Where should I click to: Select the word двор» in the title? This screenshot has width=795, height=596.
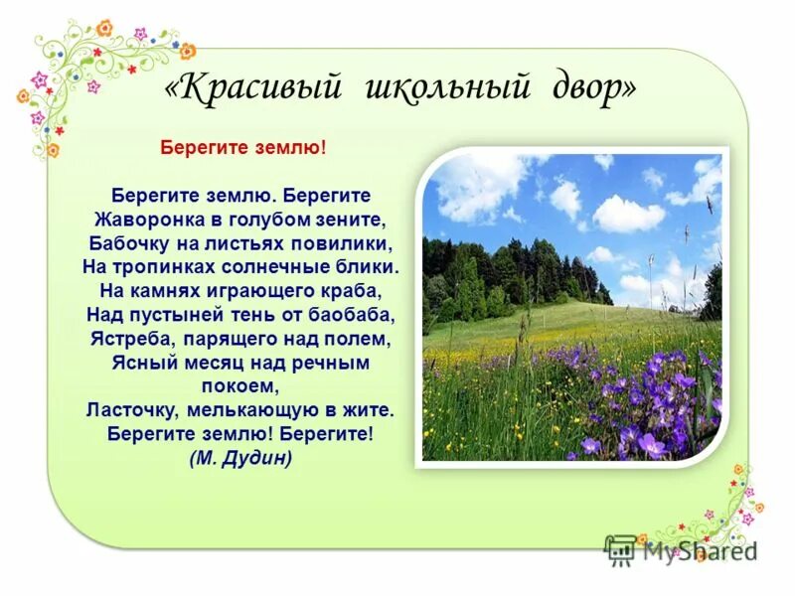point(592,88)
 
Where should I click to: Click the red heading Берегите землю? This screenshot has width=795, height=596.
point(243,147)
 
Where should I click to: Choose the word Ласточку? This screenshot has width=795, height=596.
point(131,409)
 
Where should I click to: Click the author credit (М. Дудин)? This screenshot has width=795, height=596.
point(240,458)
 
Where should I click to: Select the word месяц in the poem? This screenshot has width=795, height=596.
point(197,363)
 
